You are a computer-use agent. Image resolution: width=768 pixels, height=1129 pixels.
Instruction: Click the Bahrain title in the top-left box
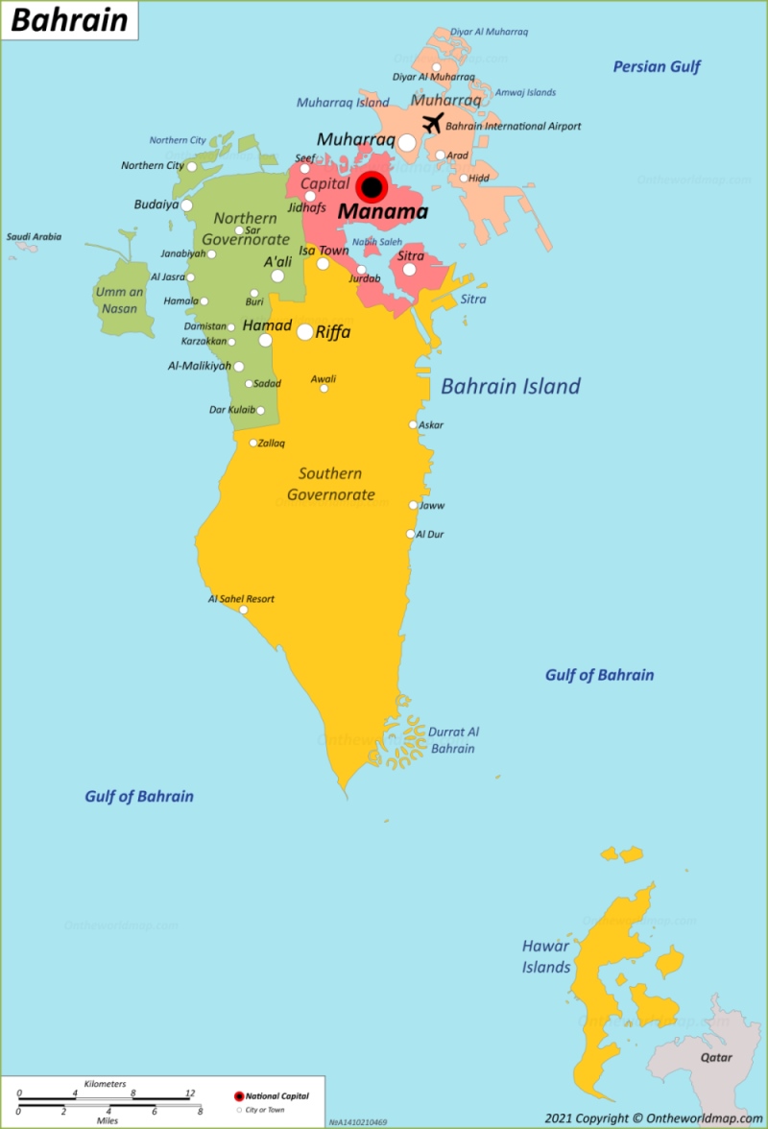pos(69,20)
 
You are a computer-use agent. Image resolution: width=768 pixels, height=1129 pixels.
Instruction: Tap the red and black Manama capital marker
pos(372,187)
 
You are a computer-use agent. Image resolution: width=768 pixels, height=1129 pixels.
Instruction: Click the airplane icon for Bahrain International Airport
pos(433,124)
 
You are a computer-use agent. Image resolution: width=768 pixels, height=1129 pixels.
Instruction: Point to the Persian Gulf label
pos(657,66)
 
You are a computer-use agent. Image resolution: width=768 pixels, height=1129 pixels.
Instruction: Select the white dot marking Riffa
pos(304,332)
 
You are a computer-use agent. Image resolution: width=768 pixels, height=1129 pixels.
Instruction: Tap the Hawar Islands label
pos(546,956)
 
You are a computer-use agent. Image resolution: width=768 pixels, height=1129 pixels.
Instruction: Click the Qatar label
pos(715,1057)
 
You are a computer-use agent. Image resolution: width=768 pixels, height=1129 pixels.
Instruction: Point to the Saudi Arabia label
pos(34,236)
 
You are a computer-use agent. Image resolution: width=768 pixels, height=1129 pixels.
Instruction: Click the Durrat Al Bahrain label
pos(453,739)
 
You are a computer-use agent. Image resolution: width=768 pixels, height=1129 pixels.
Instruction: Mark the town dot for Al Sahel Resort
pos(244,610)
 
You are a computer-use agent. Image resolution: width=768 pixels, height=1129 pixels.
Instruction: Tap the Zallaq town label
pos(272,443)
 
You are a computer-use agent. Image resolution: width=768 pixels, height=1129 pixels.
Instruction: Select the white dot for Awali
pos(324,389)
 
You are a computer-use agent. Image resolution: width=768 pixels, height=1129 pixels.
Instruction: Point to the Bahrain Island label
pos(511,386)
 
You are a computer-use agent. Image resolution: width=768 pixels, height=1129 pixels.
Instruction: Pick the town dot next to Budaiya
pos(186,204)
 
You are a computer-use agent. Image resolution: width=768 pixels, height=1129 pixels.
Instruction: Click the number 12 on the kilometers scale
pos(189,1093)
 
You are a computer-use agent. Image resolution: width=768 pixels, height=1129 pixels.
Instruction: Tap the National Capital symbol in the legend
pos(239,1095)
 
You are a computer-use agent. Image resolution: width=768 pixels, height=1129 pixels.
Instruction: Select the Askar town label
pos(431,424)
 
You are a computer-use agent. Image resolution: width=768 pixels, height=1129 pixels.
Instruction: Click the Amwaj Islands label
pos(525,92)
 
